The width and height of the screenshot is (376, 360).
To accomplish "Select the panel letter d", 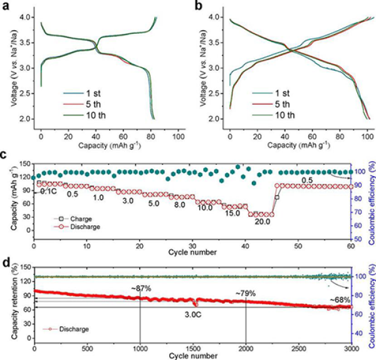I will click(5, 256).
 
